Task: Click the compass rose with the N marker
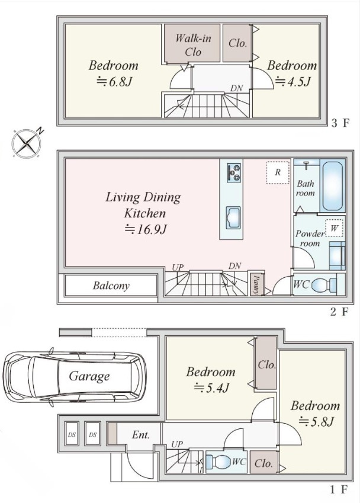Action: [27, 143]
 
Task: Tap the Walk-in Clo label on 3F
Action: [193, 45]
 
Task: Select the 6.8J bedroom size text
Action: [115, 82]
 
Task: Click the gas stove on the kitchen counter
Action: [234, 172]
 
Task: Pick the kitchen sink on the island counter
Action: [233, 218]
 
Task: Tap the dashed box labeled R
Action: [278, 172]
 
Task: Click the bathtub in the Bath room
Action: [332, 186]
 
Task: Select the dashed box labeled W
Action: [335, 229]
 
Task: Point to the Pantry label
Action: [256, 284]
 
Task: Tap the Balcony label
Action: [111, 286]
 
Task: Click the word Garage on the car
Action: [89, 376]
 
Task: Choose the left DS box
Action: [72, 435]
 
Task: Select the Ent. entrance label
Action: [141, 435]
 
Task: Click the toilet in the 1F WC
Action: [218, 462]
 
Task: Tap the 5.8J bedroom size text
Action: [317, 421]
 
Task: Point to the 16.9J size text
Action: [146, 229]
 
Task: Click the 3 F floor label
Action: [339, 123]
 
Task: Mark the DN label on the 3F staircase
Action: [236, 88]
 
